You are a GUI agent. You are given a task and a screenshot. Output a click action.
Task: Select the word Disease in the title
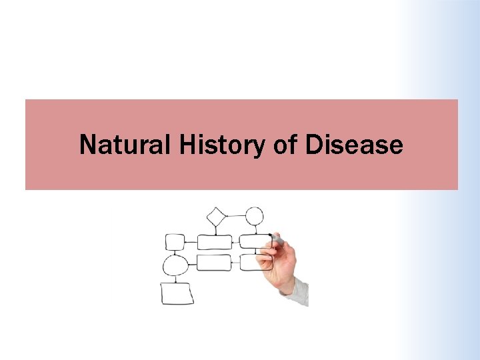354,145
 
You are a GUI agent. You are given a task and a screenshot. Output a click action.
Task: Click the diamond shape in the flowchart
216,217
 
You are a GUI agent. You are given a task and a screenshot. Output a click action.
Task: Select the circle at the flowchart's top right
254,216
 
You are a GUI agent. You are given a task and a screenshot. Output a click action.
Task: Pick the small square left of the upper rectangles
175,242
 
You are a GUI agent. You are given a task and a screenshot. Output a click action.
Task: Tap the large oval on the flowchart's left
175,266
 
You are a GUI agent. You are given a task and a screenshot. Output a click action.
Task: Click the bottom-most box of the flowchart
177,293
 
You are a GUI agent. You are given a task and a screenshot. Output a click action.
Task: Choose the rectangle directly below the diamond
215,242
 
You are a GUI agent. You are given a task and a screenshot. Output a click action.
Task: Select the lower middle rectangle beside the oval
214,263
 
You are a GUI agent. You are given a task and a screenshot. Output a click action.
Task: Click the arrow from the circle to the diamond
235,216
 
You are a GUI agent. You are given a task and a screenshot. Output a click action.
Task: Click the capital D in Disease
313,145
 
